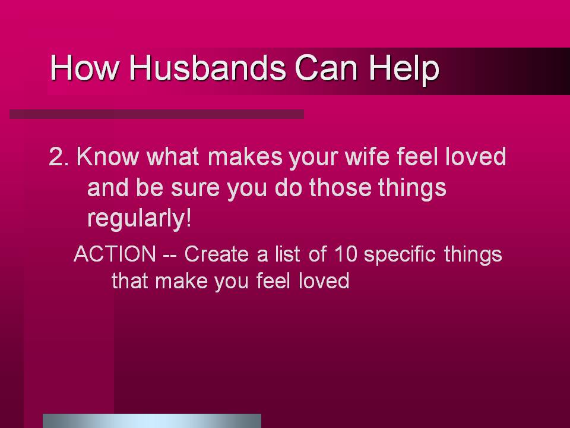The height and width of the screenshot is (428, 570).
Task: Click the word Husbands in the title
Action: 208,68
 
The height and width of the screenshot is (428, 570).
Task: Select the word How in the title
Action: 85,68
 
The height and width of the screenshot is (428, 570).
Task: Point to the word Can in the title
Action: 327,68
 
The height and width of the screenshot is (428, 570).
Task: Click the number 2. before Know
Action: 59,157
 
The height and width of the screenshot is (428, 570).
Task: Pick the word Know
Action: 107,156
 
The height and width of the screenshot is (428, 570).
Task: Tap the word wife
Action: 366,156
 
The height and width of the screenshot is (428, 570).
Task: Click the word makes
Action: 245,156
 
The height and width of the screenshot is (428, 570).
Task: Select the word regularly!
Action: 139,219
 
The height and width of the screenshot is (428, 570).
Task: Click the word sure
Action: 195,188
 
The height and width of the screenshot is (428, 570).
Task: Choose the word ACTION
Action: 115,254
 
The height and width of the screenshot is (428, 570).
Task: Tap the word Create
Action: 216,254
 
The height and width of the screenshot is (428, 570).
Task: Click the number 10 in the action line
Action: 346,254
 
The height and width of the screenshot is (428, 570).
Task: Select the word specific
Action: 400,254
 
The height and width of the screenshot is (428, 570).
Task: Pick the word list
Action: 287,253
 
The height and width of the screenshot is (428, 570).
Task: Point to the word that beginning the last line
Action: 130,281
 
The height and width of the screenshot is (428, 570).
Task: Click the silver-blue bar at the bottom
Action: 152,421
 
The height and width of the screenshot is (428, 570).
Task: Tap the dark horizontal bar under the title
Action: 157,114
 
